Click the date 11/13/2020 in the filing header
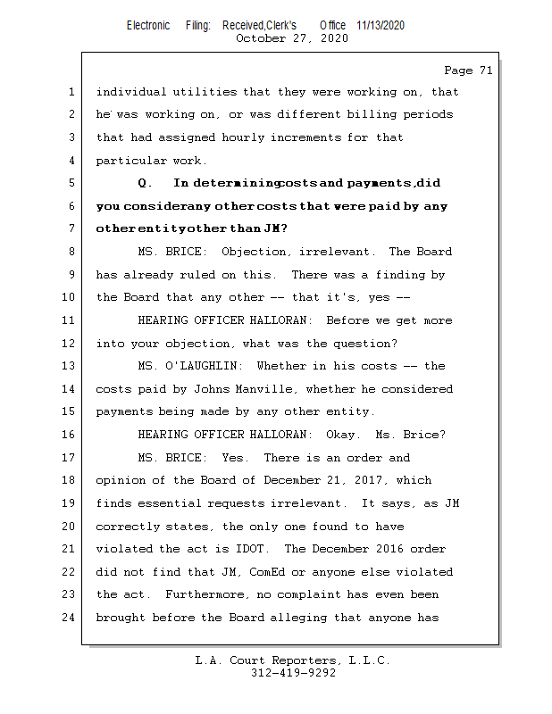380,25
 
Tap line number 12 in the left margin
71,344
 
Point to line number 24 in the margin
71,617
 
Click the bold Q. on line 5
148,183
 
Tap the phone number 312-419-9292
292,673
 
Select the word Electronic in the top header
148,25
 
